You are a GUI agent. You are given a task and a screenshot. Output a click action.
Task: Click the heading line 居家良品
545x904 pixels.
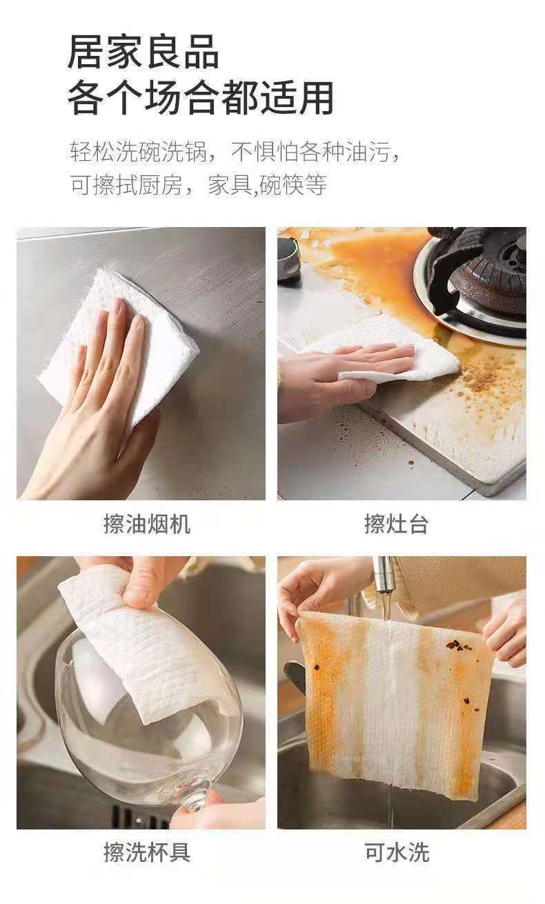(x=143, y=52)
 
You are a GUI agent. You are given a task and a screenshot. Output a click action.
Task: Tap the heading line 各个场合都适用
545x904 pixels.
(x=201, y=98)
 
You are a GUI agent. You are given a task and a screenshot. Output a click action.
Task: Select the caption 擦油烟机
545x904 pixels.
(x=147, y=524)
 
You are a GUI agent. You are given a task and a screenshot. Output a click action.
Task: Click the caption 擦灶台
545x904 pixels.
(x=396, y=524)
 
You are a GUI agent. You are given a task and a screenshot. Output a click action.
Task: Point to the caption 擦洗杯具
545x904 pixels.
(x=147, y=852)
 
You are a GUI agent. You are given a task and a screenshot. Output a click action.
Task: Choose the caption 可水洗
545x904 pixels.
(x=397, y=852)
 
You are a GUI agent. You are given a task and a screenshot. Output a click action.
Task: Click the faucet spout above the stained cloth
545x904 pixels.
(x=384, y=573)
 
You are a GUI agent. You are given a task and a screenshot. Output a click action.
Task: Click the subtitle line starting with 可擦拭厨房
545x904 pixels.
(x=199, y=185)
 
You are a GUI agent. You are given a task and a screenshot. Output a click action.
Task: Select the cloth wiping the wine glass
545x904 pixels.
(x=146, y=633)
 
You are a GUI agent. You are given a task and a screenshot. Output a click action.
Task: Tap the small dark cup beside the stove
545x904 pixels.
(x=288, y=258)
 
